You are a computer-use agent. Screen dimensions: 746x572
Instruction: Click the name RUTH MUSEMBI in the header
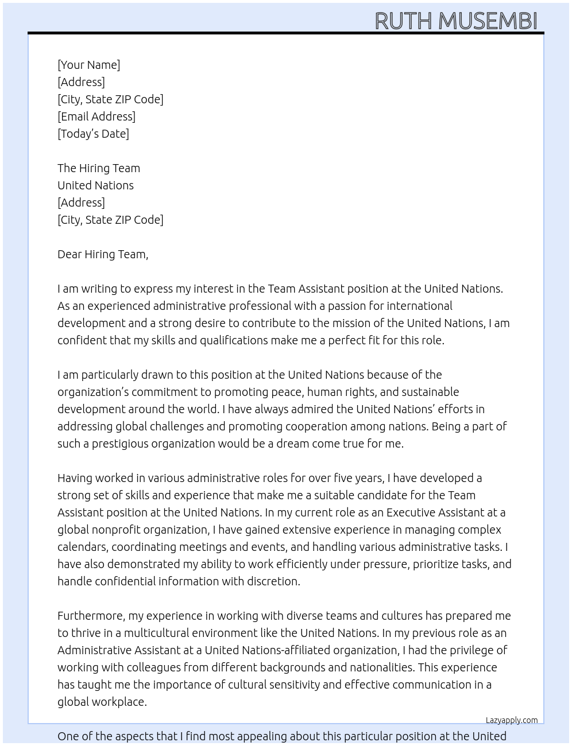pyautogui.click(x=455, y=21)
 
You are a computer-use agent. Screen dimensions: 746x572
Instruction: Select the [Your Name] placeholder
pyautogui.click(x=88, y=65)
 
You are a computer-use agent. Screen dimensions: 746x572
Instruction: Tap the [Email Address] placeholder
pyautogui.click(x=96, y=116)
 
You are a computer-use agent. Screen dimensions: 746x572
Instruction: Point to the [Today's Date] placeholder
pyautogui.click(x=93, y=134)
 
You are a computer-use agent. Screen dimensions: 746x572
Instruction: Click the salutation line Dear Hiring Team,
pyautogui.click(x=103, y=254)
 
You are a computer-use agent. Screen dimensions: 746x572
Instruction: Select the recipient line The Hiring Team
pyautogui.click(x=99, y=168)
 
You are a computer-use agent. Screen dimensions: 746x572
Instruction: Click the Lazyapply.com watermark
pyautogui.click(x=511, y=720)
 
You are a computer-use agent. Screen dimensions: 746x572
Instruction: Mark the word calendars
pyautogui.click(x=82, y=547)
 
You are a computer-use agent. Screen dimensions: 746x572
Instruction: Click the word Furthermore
pyautogui.click(x=91, y=616)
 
